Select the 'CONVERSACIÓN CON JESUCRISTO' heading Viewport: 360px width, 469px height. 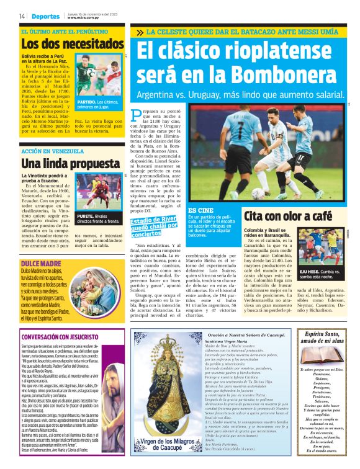click(x=63, y=337)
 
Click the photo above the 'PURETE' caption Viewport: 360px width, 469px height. click(x=97, y=192)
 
